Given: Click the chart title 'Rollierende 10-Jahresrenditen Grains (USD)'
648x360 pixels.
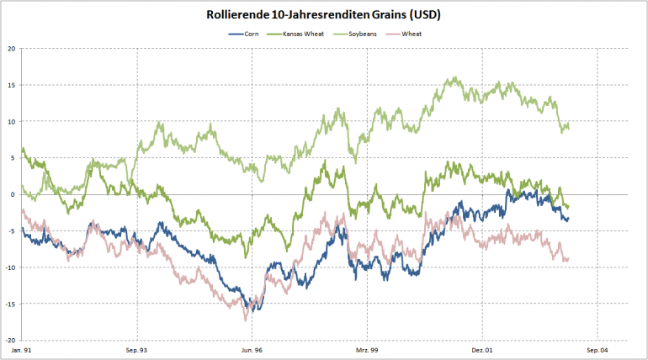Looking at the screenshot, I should pyautogui.click(x=324, y=15).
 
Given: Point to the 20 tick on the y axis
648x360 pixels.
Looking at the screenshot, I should pyautogui.click(x=11, y=49).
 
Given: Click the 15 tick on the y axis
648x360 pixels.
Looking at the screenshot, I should pyautogui.click(x=11, y=85).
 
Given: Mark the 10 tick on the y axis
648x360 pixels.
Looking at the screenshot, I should pyautogui.click(x=11, y=122).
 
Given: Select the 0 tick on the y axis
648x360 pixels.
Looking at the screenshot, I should pyautogui.click(x=13, y=195).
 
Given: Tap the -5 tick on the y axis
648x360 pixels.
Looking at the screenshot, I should pyautogui.click(x=11, y=231).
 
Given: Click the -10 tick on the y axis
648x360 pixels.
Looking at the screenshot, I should pyautogui.click(x=10, y=268).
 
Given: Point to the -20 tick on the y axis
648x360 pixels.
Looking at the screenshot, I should pyautogui.click(x=10, y=341).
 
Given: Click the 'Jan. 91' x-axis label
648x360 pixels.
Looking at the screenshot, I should pyautogui.click(x=22, y=350).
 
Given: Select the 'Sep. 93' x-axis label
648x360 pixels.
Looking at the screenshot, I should pyautogui.click(x=136, y=350).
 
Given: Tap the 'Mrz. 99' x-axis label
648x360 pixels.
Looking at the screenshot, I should pyautogui.click(x=367, y=350).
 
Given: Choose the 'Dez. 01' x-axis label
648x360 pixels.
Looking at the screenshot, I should pyautogui.click(x=482, y=350).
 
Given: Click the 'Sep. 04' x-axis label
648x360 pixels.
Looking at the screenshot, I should pyautogui.click(x=597, y=350).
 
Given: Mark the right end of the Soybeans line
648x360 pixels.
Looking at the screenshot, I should pyautogui.click(x=569, y=127).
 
